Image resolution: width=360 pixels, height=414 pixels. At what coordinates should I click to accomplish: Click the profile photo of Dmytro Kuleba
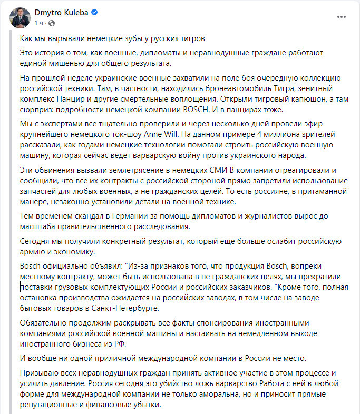point(20,17)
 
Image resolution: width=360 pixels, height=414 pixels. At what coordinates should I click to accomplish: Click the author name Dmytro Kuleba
point(57,12)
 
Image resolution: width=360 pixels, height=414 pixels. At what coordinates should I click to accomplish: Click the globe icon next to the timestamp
point(52,23)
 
